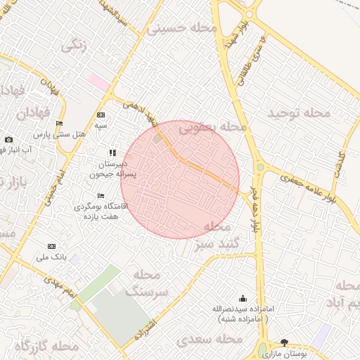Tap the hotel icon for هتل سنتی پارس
[60, 124]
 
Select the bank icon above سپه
[101, 115]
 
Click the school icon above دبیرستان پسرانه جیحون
[112, 152]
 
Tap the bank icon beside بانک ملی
[51, 246]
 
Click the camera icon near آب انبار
[8, 139]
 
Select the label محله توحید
[298, 112]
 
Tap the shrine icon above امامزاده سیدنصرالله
[243, 299]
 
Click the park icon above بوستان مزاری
[284, 343]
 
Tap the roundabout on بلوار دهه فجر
[259, 167]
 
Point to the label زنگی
[75, 47]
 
